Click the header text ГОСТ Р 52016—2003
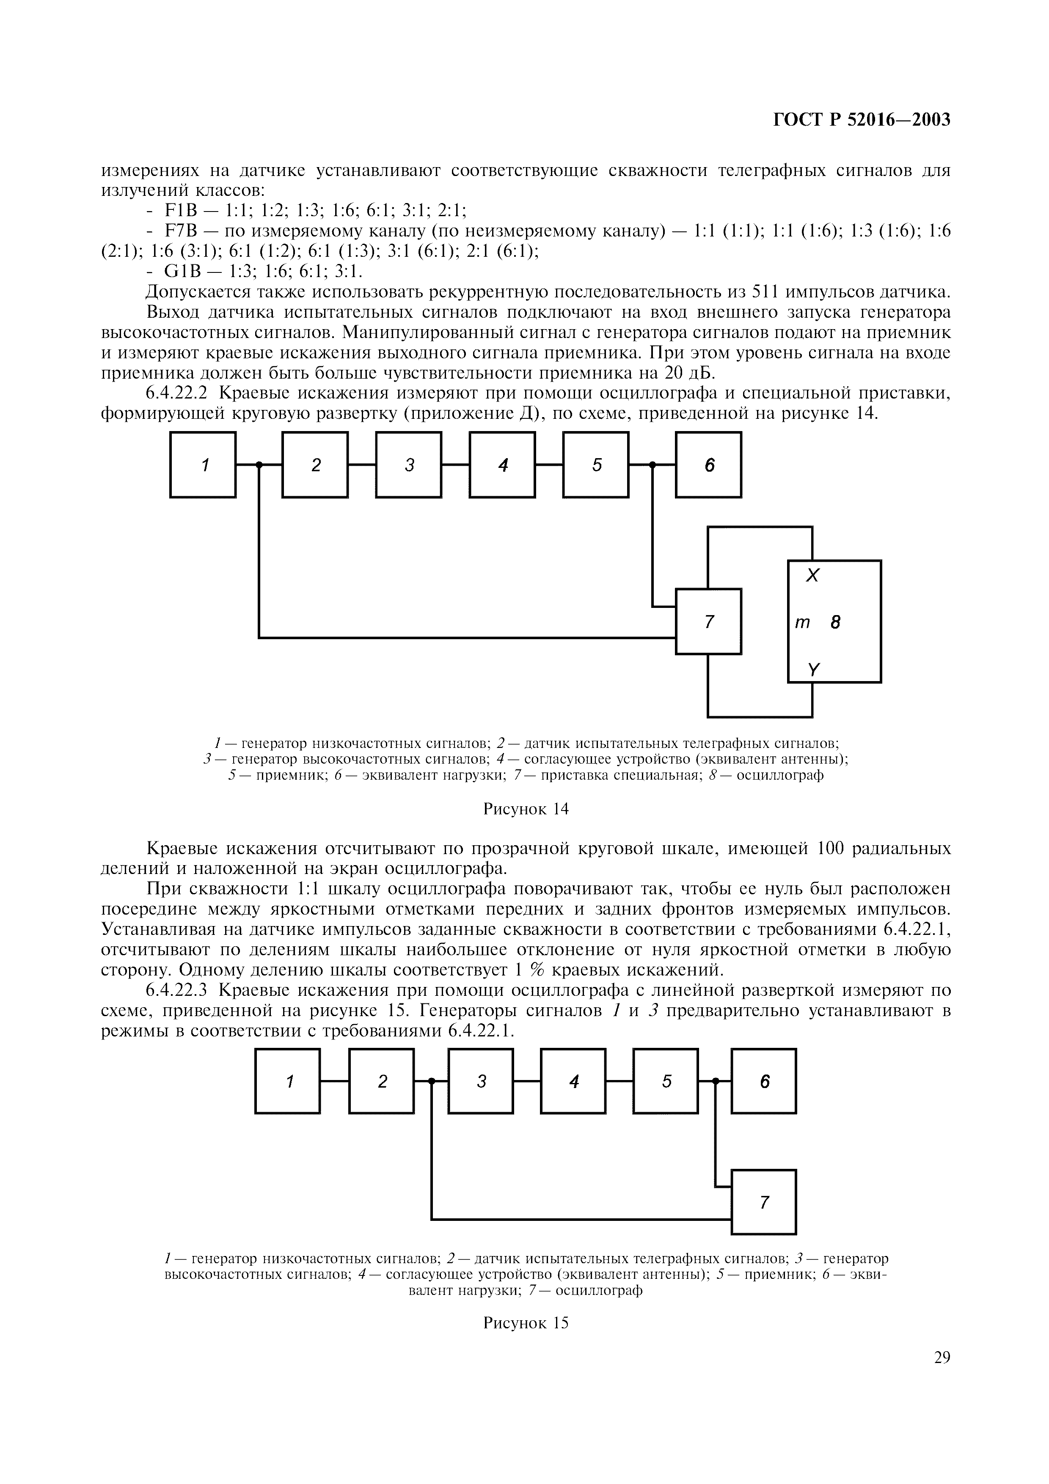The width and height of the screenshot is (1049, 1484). click(x=862, y=120)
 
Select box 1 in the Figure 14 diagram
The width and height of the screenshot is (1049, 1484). click(x=203, y=465)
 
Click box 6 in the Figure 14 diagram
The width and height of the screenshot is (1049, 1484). click(x=708, y=465)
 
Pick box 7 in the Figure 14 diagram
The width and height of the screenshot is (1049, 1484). click(x=708, y=622)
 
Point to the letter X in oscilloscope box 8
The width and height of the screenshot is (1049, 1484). click(x=812, y=575)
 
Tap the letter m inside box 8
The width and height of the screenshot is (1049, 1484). click(x=802, y=622)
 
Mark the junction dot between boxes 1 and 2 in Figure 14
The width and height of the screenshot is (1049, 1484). click(x=259, y=465)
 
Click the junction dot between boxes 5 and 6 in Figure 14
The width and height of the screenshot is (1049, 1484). click(x=652, y=465)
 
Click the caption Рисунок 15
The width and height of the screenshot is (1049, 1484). click(x=526, y=1322)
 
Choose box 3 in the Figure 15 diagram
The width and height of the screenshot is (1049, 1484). click(x=481, y=1081)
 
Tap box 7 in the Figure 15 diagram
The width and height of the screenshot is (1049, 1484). click(x=764, y=1202)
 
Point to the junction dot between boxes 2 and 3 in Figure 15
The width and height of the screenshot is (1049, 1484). click(x=432, y=1081)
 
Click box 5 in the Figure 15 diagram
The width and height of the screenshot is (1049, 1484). click(x=666, y=1081)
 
